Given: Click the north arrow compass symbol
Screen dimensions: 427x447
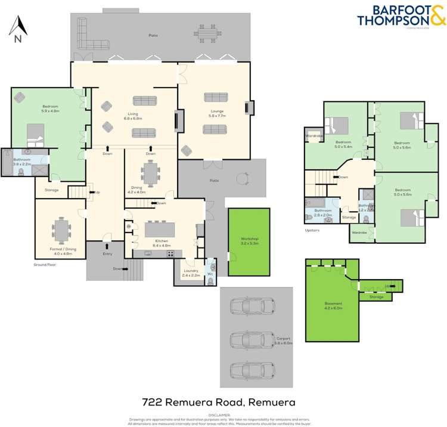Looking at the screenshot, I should click(18, 29).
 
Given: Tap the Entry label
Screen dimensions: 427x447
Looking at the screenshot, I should click(107, 253).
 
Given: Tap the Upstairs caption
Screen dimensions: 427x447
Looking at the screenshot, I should click(313, 230).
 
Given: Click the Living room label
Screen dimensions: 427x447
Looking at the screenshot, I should click(132, 113).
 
